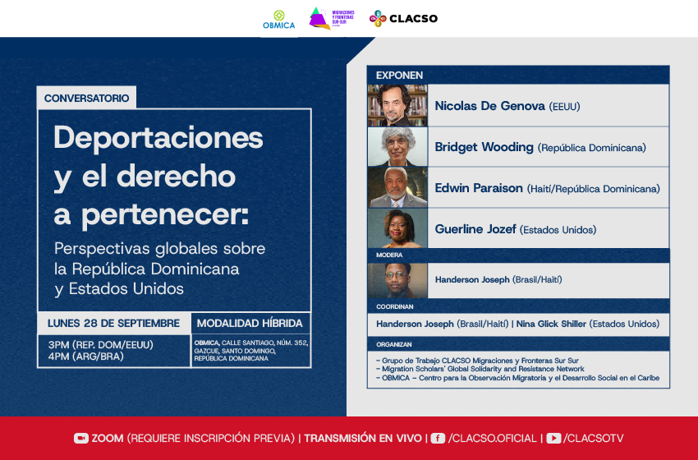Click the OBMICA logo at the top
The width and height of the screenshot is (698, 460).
[278, 20]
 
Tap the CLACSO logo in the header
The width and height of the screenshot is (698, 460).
[403, 19]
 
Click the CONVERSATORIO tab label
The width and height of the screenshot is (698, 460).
[86, 98]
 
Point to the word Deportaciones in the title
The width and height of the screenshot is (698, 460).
[158, 137]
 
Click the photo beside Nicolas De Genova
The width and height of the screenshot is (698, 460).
[397, 105]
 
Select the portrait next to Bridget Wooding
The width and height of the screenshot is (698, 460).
[397, 147]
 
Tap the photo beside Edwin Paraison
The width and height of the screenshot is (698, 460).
[397, 187]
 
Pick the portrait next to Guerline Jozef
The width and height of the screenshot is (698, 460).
[397, 228]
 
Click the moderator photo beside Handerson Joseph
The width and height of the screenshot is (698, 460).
[397, 280]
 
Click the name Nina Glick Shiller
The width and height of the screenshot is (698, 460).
[551, 324]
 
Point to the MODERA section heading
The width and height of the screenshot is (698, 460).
[389, 255]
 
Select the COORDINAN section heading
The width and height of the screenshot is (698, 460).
[394, 307]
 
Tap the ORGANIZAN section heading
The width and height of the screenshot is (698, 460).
[393, 344]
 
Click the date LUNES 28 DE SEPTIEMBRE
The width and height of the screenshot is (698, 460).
[113, 324]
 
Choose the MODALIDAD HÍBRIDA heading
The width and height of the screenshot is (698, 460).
[250, 324]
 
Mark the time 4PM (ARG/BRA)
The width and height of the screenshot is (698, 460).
[86, 356]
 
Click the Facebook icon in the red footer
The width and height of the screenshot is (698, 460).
[438, 438]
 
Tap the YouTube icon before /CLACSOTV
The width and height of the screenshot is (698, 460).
[553, 438]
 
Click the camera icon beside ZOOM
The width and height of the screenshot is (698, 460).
[81, 438]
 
